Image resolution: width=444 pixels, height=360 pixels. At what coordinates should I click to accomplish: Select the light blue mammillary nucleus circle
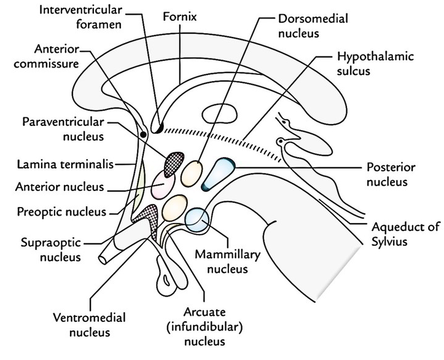[x=198, y=219]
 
